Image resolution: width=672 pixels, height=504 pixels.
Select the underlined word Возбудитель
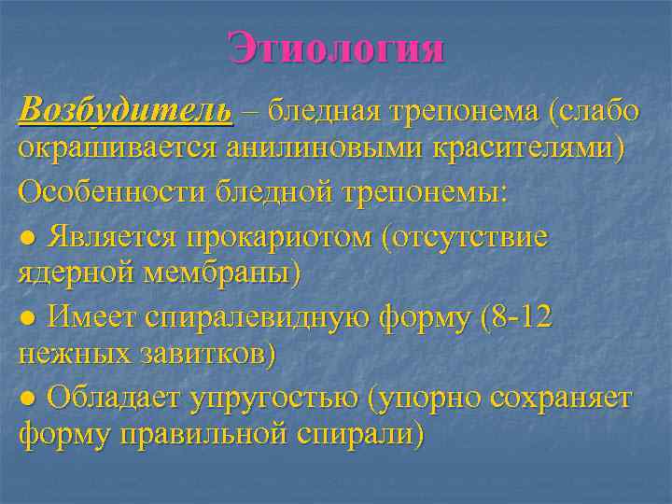125,111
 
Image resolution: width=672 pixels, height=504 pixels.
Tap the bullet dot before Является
28,236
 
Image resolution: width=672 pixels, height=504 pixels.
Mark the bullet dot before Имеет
28,318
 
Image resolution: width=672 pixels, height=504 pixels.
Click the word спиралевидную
258,316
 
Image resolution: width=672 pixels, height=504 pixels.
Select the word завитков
201,357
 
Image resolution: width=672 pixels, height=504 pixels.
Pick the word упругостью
274,399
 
